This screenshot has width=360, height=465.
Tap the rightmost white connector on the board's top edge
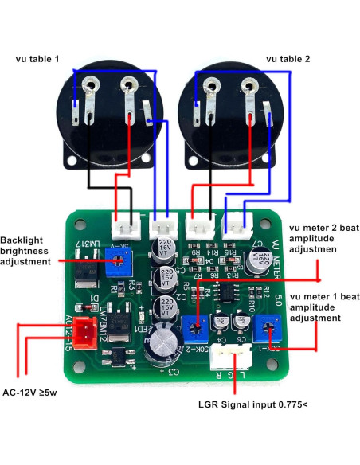(235, 226)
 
